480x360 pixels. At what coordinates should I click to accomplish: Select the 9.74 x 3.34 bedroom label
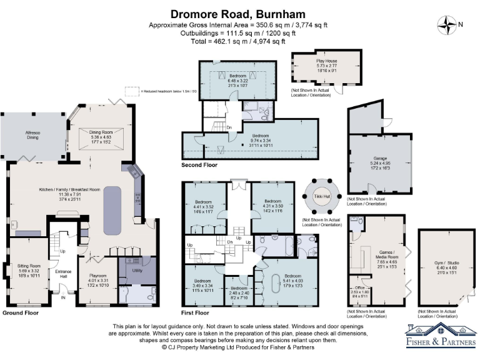[x=261, y=139]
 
